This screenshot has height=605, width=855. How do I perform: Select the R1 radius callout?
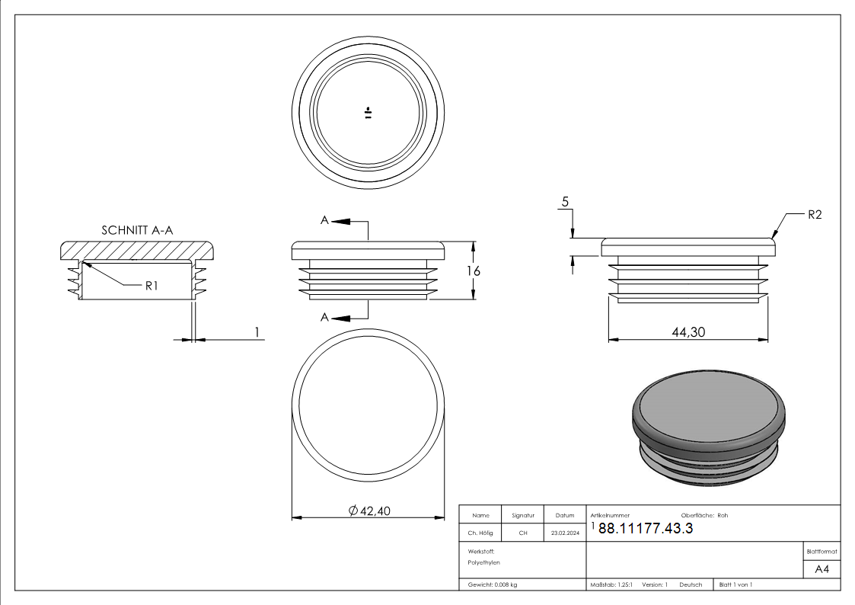(151, 286)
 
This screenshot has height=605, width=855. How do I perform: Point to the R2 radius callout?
(815, 216)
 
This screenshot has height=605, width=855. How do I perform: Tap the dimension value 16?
(473, 271)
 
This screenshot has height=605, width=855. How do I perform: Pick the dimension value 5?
(565, 203)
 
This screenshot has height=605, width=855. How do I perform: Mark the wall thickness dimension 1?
(257, 331)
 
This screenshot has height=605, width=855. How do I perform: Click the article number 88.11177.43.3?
(646, 530)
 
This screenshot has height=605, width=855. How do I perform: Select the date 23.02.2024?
(564, 533)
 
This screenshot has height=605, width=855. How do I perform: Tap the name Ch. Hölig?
(480, 533)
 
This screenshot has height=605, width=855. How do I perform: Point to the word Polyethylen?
(484, 562)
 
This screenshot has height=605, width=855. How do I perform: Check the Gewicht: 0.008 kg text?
(493, 584)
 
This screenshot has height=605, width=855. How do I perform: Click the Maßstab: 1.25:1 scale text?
(611, 584)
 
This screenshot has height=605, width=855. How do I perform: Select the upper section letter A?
(324, 220)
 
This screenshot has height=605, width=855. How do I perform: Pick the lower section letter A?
(324, 317)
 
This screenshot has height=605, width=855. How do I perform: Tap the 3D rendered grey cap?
(707, 427)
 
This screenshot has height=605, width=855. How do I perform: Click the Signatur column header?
(523, 516)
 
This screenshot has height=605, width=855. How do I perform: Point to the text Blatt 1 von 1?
(736, 584)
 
